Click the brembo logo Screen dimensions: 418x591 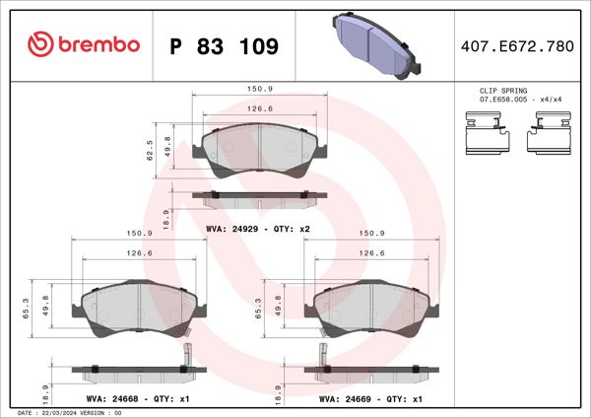[x=84, y=45]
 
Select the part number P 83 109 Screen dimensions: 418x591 [x=225, y=46]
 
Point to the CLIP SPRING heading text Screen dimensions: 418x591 [x=500, y=90]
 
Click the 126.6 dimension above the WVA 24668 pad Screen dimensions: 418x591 [x=139, y=253]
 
